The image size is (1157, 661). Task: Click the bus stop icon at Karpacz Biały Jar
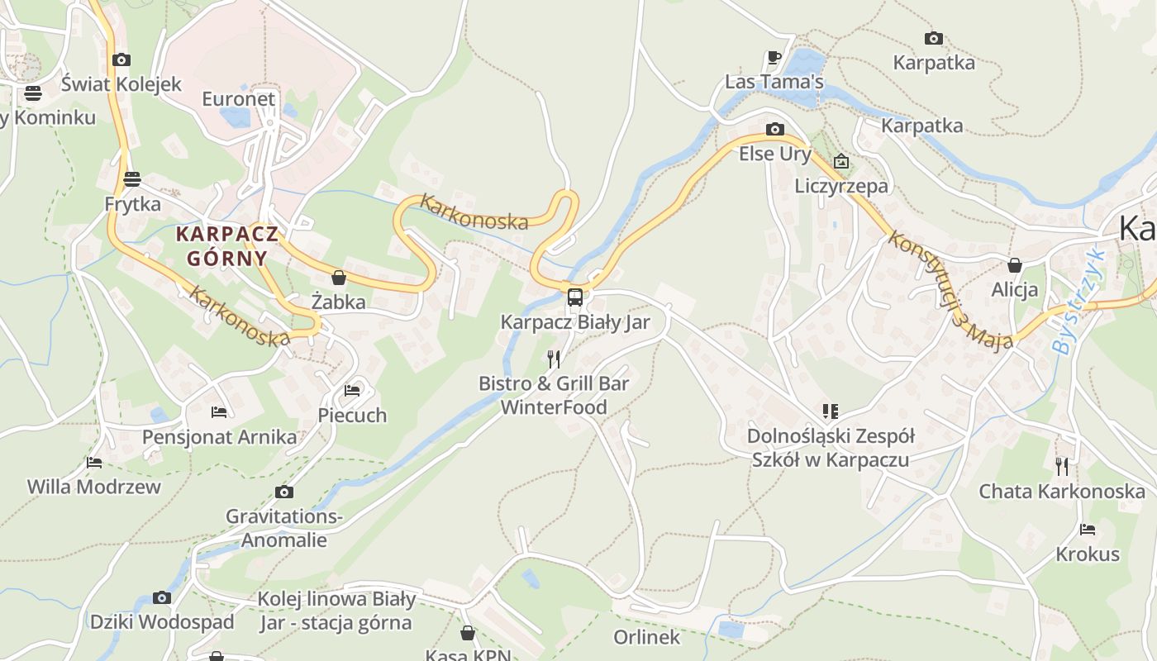pos(575,297)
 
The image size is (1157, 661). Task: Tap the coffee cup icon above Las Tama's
pos(774,58)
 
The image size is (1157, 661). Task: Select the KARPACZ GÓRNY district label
pos(226,245)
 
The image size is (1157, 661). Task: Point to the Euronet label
pos(238,99)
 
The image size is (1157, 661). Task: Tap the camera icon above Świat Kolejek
pos(121,59)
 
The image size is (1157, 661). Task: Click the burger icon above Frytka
pos(132,178)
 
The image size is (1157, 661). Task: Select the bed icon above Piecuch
pos(352,390)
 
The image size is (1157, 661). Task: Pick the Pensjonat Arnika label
pos(219,437)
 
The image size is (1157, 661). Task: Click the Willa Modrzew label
pos(94,487)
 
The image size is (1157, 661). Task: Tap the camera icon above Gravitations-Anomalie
pos(283,492)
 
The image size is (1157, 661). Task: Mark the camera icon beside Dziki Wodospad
pos(162,597)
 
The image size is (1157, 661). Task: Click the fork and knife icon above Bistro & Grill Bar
pos(554,359)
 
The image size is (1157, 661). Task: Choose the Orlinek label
pos(646,637)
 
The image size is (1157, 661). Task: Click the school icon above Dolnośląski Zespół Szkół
pos(830,411)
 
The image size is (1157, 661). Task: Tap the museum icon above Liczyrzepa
pos(841,161)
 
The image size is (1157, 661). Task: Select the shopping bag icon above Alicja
pos(1014,265)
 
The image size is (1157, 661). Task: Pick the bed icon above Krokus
pos(1087,529)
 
